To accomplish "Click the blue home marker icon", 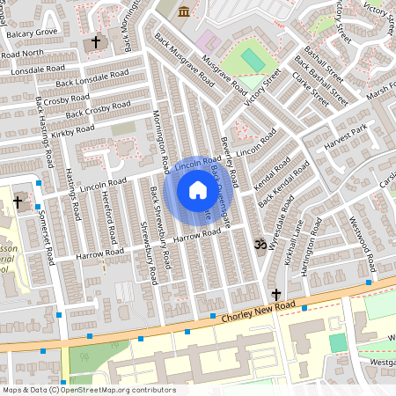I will (198, 190).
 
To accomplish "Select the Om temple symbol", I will (259, 244).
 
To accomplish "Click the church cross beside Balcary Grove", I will (96, 42).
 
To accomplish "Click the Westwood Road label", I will (360, 243).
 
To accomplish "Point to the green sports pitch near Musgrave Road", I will (252, 60).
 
